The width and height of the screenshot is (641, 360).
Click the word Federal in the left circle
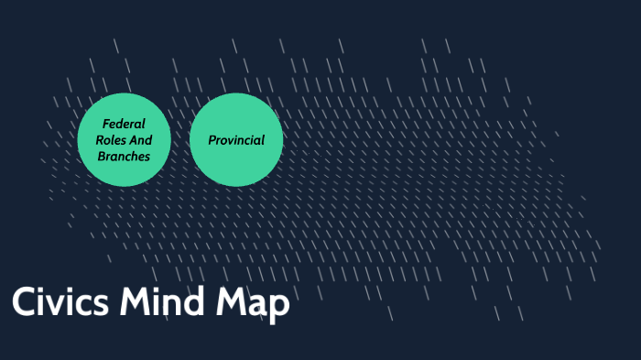124,124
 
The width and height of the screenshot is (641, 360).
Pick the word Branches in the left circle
124,157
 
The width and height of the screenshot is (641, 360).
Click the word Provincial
236,140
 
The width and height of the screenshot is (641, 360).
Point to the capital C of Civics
23,303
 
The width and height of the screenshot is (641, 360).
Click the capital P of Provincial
212,140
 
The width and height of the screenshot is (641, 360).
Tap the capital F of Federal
105,124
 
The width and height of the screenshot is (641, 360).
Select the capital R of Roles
99,140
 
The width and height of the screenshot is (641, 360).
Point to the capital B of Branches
101,157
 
